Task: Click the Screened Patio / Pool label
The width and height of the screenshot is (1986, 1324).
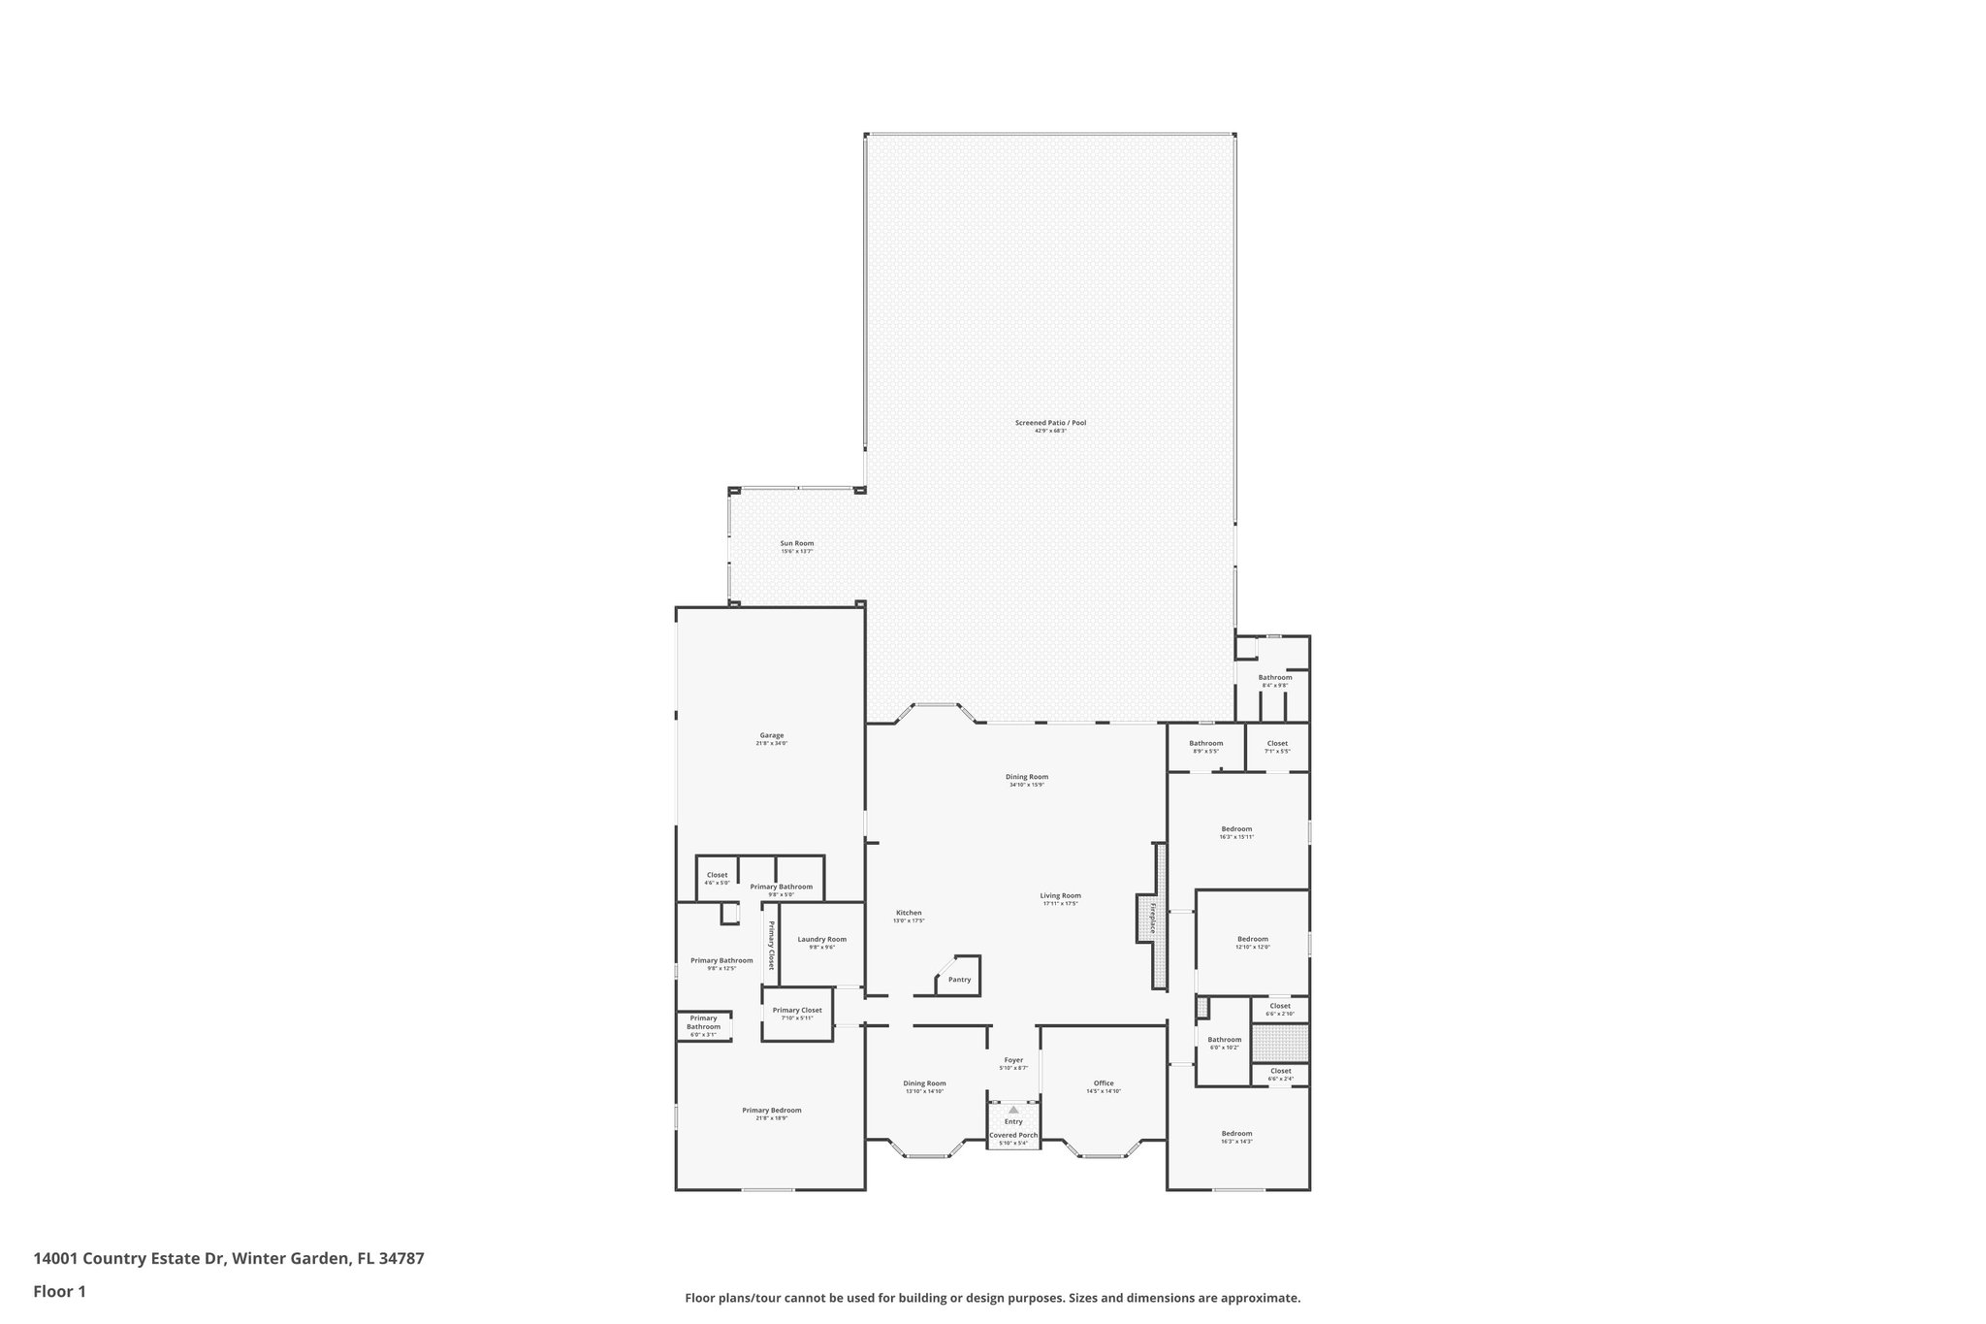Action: click(1050, 424)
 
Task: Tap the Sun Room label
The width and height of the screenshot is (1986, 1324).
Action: click(796, 544)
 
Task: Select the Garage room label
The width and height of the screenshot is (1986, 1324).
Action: click(771, 736)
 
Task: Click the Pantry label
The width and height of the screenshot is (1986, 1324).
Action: click(959, 980)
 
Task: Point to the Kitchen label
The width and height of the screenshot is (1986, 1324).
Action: click(909, 914)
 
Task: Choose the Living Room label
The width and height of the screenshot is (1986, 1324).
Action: click(1060, 897)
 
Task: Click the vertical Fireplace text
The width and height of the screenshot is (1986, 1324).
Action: click(1153, 919)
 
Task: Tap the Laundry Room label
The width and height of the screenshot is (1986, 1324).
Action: click(821, 940)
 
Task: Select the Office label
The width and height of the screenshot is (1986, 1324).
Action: click(1104, 1084)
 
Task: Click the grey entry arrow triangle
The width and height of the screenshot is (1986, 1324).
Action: click(1013, 1110)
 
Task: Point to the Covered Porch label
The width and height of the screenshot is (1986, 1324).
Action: click(1013, 1136)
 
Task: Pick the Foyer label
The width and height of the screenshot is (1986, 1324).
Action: click(1013, 1061)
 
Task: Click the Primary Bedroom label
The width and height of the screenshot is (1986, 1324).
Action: click(771, 1112)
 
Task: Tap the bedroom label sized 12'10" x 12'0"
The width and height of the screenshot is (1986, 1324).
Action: click(1252, 940)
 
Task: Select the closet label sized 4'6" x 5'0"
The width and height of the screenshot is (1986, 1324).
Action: click(717, 876)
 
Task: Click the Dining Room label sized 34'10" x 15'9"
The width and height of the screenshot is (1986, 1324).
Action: click(1026, 778)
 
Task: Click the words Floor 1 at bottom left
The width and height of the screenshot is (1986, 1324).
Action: click(60, 1292)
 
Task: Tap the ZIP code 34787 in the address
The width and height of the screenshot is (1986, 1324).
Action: click(401, 1259)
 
